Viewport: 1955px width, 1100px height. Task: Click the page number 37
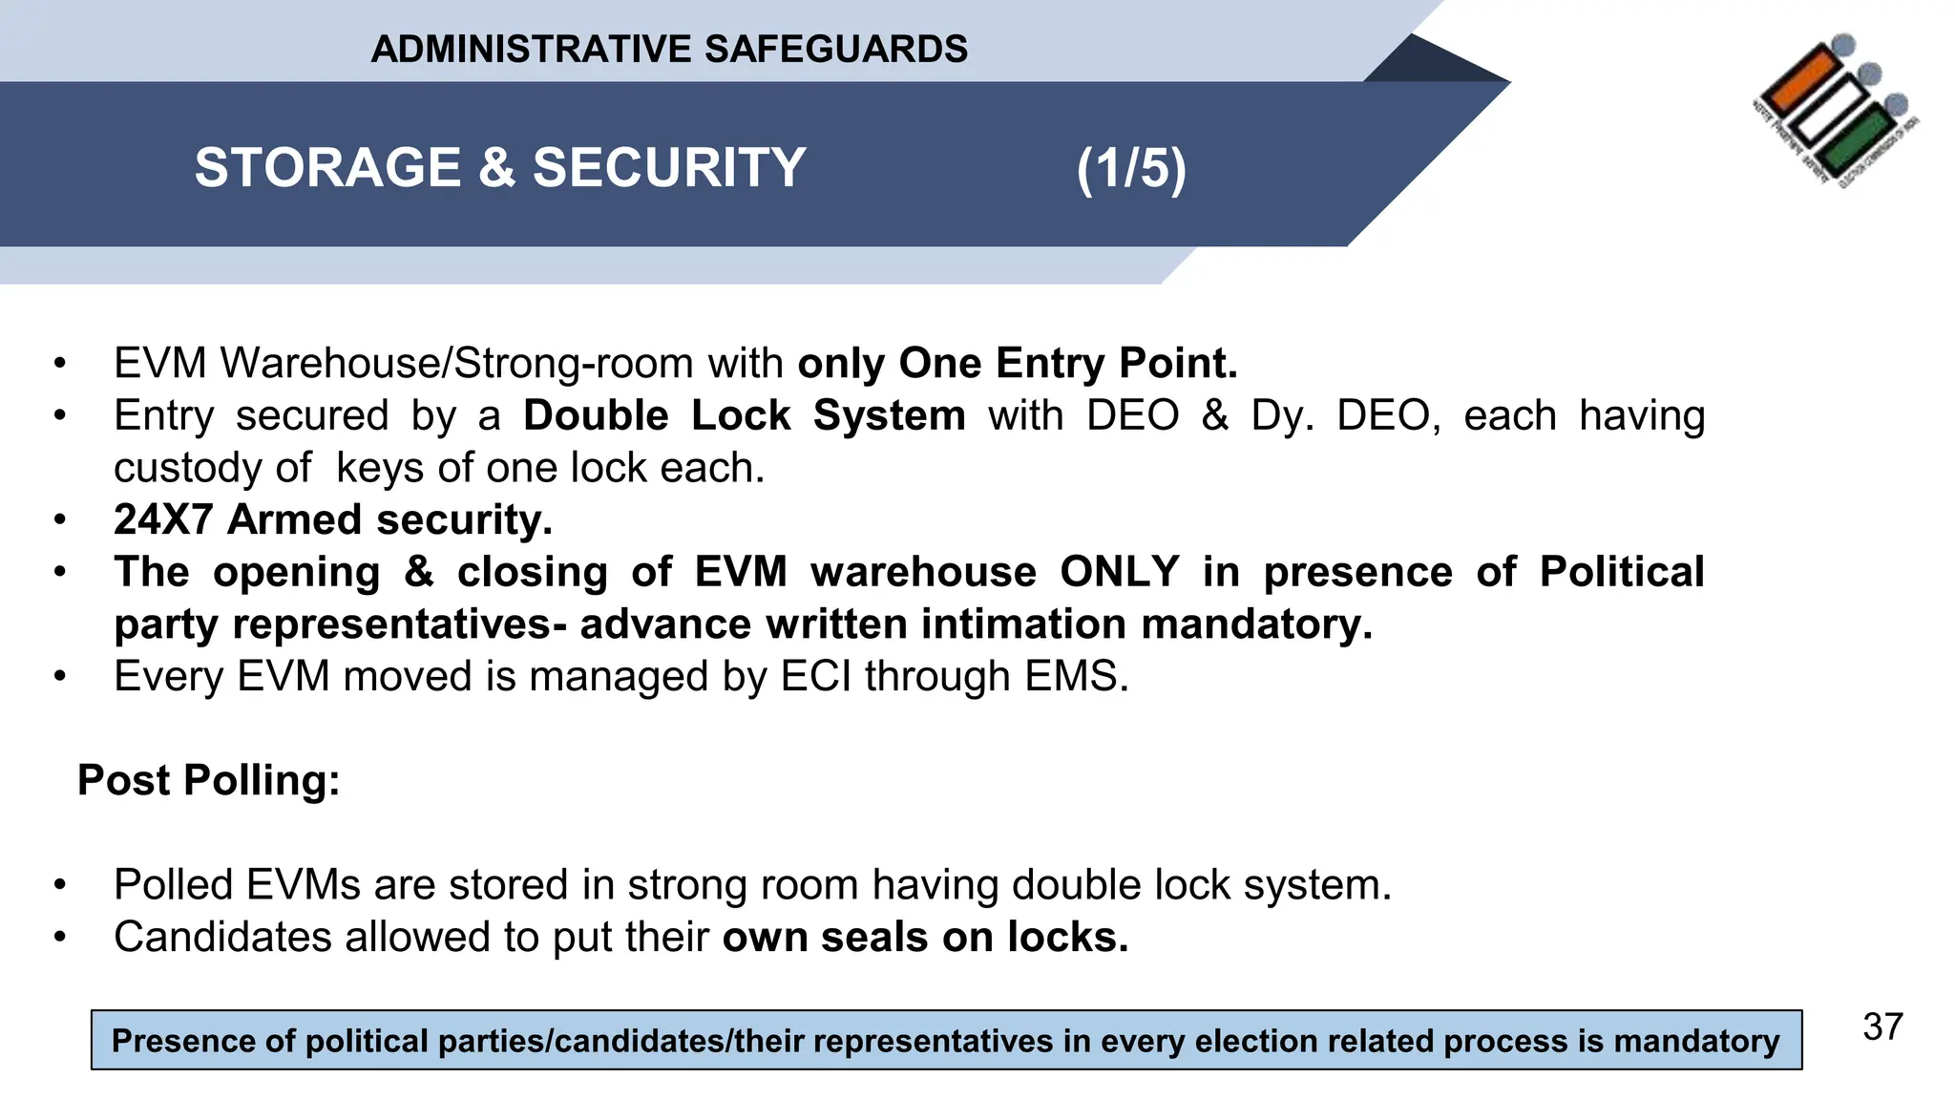coord(1882,1027)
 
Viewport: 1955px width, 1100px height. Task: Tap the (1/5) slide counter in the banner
coord(1131,169)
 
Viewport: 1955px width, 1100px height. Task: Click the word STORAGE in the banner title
coord(328,168)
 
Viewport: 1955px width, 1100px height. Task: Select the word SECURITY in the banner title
coord(669,168)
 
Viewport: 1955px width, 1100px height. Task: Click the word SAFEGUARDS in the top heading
coord(835,49)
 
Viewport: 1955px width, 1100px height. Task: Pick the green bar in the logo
coord(1856,140)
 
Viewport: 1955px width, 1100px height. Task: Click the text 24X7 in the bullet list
coord(163,520)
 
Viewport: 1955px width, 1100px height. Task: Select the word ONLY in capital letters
coord(1120,572)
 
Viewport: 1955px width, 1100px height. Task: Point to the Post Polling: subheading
coord(209,780)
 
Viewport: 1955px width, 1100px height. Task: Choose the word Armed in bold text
coord(295,520)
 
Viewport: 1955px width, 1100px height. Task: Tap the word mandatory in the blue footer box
coord(1696,1041)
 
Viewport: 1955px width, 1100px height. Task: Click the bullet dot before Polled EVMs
coord(60,885)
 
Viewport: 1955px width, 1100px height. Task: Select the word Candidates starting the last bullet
coord(222,938)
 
